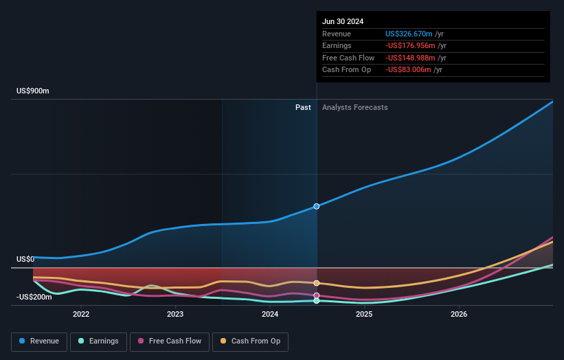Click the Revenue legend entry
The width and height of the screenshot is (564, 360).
pos(39,341)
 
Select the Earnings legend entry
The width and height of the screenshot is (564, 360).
pos(98,341)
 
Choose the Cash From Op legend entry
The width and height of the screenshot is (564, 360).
pos(250,341)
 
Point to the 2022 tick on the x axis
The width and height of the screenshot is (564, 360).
pos(81,314)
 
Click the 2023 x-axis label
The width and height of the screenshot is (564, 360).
pos(175,314)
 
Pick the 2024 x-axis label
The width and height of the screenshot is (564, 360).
pos(270,314)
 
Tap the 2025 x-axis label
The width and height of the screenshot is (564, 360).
pos(364,314)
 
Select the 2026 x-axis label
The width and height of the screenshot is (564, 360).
pos(459,314)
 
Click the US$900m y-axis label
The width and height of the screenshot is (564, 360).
pos(33,91)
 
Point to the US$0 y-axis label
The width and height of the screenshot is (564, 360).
pos(25,259)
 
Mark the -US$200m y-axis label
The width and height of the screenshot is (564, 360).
pos(34,297)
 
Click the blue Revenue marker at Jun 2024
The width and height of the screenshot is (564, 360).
pos(317,206)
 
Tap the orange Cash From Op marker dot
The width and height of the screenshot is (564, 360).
pos(317,283)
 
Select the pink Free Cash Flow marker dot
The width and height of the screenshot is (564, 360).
pos(317,295)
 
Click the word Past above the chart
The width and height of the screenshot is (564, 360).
pos(303,107)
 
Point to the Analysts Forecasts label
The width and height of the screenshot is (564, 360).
pos(354,107)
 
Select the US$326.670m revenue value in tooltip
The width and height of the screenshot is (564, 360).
pos(409,34)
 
